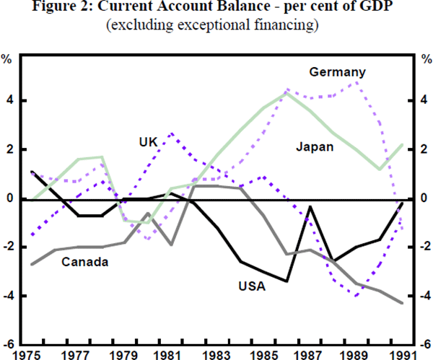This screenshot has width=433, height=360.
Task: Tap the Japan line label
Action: coord(315,147)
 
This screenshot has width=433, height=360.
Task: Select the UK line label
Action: coord(149,141)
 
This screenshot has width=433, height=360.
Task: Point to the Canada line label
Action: coord(84,262)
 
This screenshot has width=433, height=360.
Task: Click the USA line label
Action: coord(252,286)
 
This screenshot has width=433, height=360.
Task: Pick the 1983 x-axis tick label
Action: coord(216,354)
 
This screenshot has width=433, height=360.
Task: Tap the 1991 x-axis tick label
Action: coord(409,354)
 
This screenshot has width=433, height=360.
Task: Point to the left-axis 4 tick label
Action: coord(10,101)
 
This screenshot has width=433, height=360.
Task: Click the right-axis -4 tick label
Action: coord(421,297)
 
